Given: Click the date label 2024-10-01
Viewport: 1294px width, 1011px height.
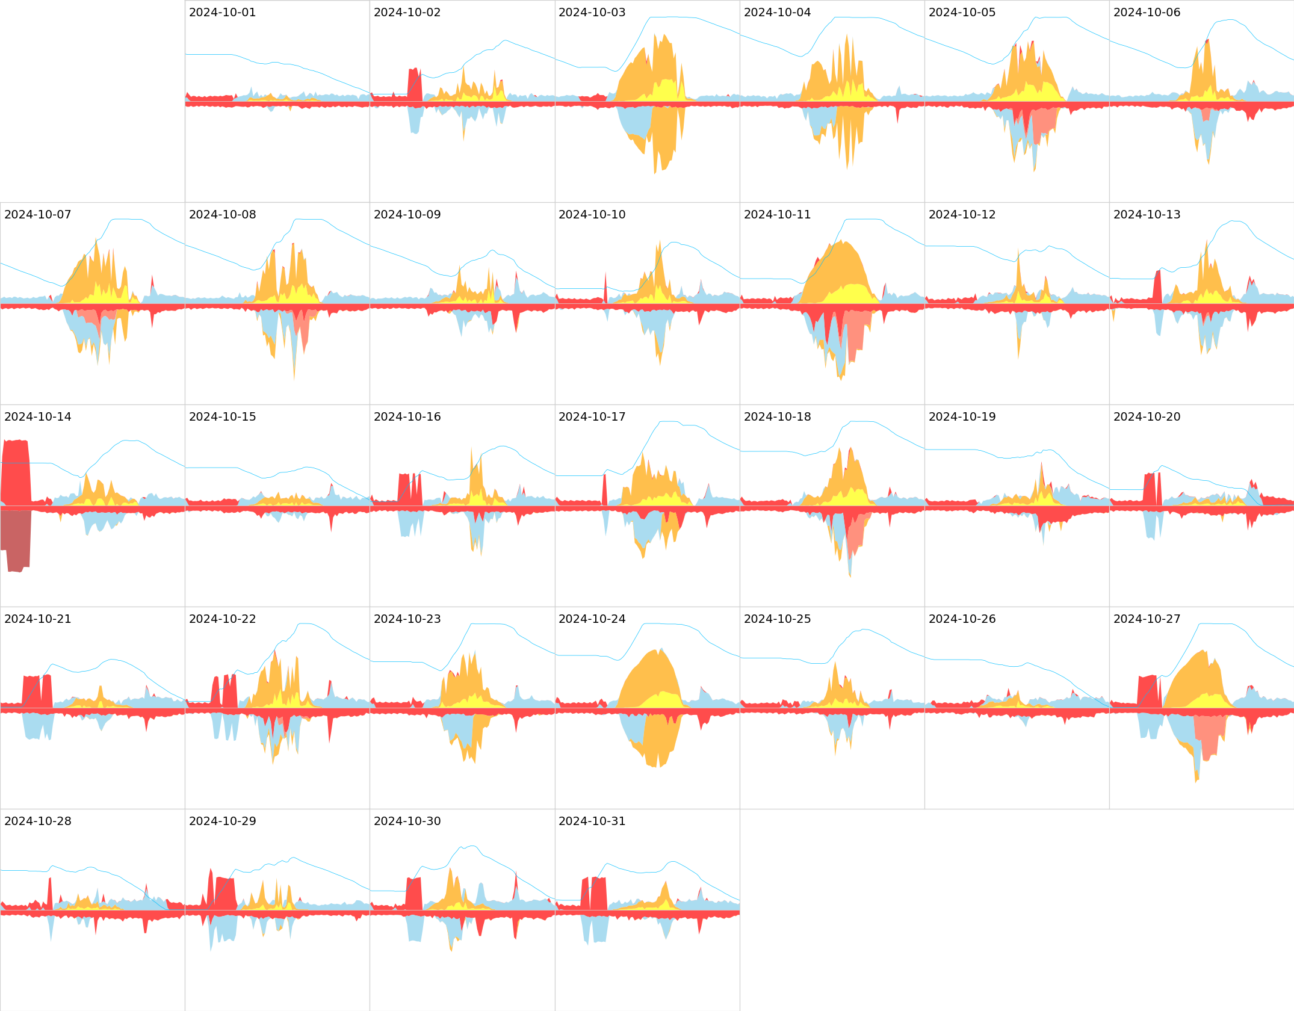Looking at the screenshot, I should [x=222, y=13].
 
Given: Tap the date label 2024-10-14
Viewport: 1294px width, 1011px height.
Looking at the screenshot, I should [x=37, y=417].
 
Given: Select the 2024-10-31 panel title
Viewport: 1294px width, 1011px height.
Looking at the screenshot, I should [x=592, y=821].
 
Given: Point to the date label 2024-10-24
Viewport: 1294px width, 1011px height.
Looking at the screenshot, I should [x=592, y=619].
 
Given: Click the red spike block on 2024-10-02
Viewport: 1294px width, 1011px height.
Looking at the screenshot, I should [x=414, y=84].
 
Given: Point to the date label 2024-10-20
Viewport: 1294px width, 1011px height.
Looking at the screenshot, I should [x=1147, y=417].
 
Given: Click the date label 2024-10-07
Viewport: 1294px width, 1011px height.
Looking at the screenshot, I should [x=37, y=215].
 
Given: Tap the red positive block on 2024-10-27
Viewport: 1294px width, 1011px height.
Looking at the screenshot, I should [x=1147, y=692].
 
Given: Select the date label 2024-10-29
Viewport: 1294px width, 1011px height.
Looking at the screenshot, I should [x=222, y=821].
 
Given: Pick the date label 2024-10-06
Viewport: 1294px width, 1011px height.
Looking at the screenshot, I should [x=1147, y=13].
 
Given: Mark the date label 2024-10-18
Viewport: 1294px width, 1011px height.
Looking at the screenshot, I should [x=777, y=417].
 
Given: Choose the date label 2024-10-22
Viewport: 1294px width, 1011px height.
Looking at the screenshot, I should [x=222, y=619].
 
